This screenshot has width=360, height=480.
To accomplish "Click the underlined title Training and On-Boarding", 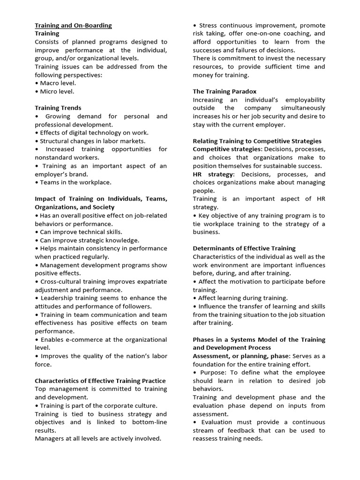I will pos(73,25).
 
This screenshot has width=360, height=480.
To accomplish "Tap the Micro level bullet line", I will pos(54,91).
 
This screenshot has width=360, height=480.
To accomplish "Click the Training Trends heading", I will pos(58,108).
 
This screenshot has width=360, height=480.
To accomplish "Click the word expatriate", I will pos(149,282).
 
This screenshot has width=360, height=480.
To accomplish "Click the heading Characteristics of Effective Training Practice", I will pos(100,381).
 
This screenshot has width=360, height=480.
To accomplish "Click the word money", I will pos(202,75).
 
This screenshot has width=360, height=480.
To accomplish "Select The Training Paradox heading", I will pos(225,91).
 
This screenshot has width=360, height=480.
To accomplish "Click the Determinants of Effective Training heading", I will pos(244,248).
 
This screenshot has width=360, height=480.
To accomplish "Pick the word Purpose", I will pos(215,373).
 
